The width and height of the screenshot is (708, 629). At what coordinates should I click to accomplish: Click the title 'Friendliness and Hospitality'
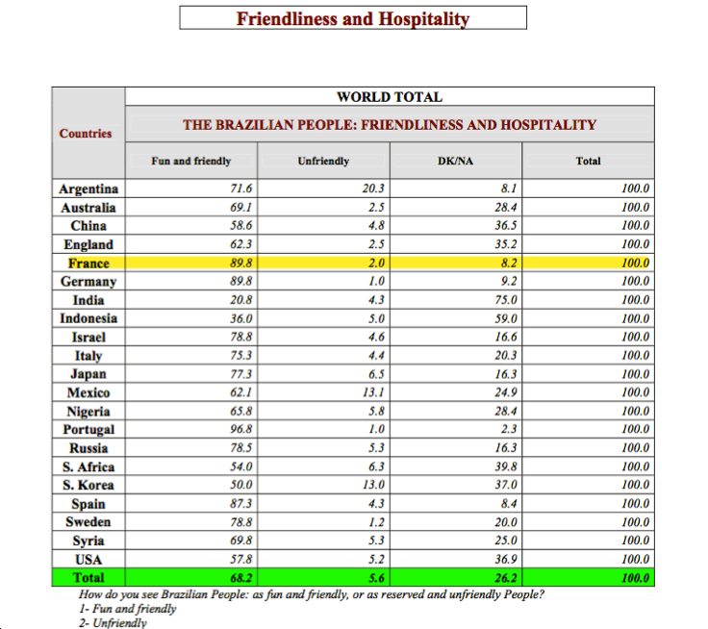353,18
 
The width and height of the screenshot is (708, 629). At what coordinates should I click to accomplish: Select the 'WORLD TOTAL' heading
390,97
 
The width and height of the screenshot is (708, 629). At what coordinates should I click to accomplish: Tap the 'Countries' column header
86,134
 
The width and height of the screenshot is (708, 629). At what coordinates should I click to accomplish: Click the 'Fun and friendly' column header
191,162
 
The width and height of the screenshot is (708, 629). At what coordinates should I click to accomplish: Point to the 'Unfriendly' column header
323,162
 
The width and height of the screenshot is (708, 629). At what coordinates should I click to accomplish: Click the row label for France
88,264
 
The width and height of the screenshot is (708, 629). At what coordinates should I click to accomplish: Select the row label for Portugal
88,430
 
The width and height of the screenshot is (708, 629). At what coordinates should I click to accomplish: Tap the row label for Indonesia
88,318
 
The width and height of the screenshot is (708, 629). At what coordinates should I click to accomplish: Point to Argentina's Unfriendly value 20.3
373,189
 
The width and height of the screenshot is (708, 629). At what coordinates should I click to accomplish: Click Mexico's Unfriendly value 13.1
373,392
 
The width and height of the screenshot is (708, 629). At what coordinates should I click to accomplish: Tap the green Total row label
88,578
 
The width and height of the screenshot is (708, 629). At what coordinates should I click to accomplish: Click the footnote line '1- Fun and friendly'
129,609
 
